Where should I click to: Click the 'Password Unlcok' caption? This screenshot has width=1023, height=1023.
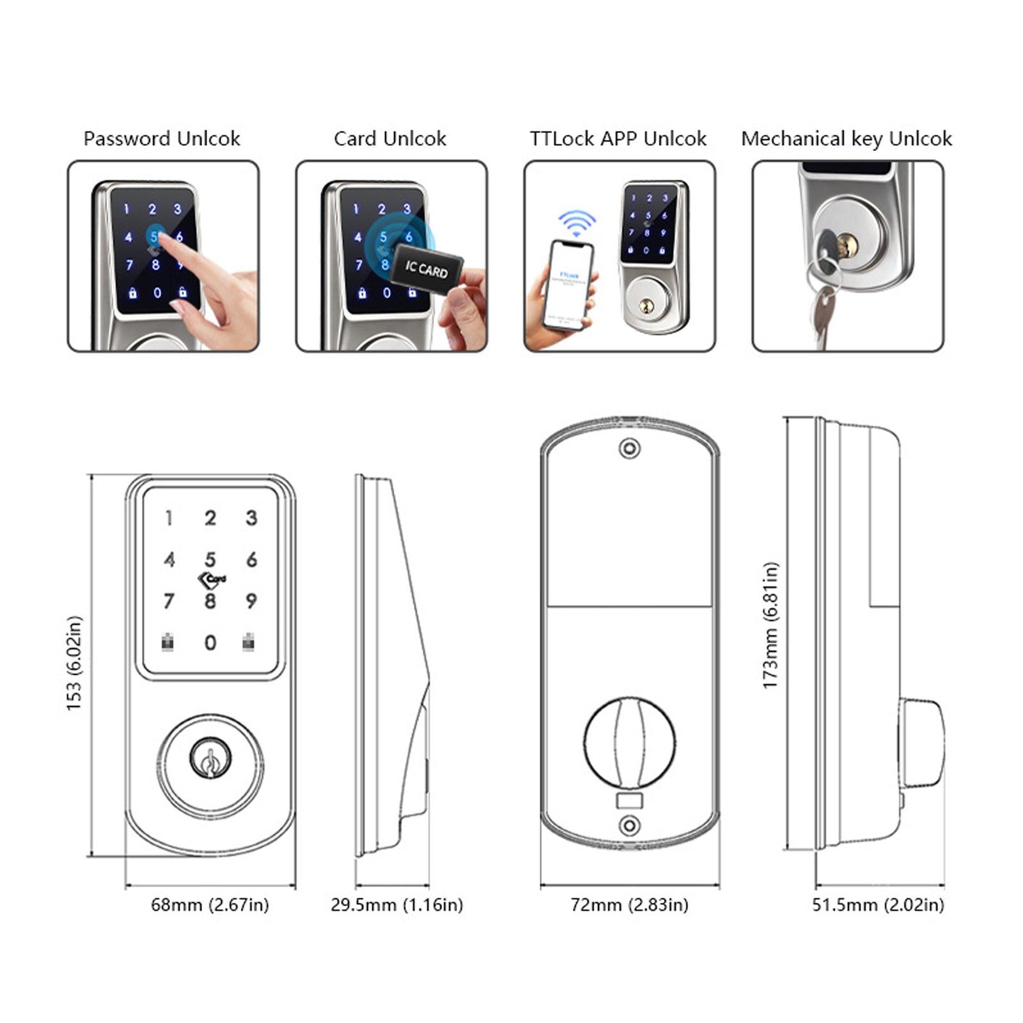click(162, 139)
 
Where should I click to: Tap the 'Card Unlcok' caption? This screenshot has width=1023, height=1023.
click(389, 139)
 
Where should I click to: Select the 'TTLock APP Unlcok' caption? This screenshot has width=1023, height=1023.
click(618, 139)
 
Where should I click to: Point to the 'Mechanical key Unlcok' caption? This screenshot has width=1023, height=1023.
click(846, 139)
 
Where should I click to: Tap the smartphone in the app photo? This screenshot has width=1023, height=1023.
click(568, 285)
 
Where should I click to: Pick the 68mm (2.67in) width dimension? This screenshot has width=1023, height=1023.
click(210, 905)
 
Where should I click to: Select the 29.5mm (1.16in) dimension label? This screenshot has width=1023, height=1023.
click(396, 905)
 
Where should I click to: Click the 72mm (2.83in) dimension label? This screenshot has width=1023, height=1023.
click(629, 905)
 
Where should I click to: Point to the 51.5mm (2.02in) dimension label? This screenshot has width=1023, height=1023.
click(878, 905)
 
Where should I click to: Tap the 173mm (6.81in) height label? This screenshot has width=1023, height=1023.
click(770, 625)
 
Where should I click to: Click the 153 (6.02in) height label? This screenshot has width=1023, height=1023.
click(74, 663)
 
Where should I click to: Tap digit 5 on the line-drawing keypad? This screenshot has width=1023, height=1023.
click(210, 559)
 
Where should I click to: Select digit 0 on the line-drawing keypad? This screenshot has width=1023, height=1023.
click(210, 643)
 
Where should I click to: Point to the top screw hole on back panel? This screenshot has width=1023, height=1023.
click(630, 448)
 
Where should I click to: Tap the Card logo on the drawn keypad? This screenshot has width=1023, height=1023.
click(212, 580)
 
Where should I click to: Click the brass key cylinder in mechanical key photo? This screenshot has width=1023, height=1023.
click(848, 246)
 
